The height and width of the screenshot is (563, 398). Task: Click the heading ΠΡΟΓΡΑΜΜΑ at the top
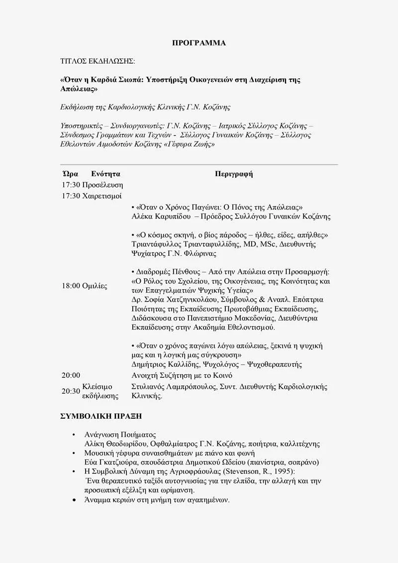tap(199, 43)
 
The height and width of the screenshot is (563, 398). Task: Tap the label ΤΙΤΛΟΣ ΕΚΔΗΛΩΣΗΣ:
tap(97, 61)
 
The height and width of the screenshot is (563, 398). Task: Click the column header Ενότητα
tap(105, 174)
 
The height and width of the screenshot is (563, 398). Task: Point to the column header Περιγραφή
tap(234, 174)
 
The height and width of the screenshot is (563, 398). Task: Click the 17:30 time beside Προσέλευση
tap(71, 185)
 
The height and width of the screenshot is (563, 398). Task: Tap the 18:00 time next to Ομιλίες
tap(71, 286)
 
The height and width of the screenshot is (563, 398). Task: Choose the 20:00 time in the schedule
tap(71, 375)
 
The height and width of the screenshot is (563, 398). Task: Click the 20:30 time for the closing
tap(71, 391)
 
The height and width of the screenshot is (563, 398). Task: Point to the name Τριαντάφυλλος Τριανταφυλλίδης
tap(187, 244)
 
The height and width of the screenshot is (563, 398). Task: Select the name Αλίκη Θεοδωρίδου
tap(116, 444)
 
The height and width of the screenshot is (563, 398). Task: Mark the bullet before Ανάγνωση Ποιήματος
tap(74, 435)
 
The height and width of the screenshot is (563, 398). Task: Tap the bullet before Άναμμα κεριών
tap(74, 500)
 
